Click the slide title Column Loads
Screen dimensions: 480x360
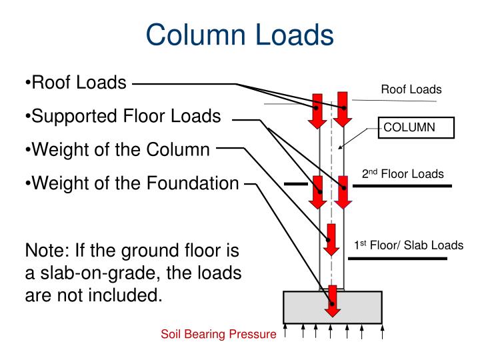240,35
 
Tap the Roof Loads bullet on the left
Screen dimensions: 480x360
75,83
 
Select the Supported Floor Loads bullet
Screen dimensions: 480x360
123,116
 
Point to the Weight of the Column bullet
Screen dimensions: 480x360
117,149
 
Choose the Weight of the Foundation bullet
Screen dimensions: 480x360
132,183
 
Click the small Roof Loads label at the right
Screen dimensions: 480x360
411,89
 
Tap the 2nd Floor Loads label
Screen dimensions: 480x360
403,173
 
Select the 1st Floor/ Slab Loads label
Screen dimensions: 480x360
409,245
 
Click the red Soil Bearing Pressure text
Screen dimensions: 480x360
219,334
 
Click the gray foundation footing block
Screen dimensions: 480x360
333,307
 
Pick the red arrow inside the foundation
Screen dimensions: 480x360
333,301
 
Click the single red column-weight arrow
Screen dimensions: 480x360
331,240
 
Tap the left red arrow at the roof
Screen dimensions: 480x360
317,111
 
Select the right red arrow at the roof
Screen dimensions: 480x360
343,109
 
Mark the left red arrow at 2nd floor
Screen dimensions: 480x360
317,192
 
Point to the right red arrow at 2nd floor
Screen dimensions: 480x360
343,192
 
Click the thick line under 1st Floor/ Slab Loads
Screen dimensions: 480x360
397,259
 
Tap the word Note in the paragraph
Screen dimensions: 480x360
47,251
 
